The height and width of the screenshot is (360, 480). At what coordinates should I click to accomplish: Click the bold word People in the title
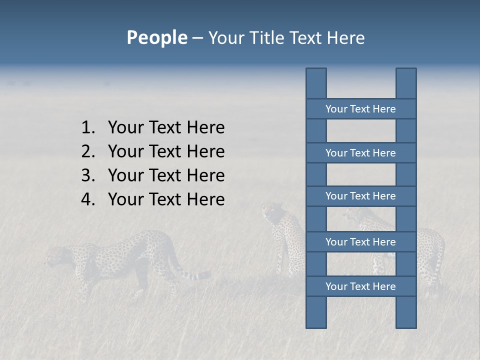point(156,37)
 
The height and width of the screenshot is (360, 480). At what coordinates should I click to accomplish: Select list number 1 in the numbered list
point(87,128)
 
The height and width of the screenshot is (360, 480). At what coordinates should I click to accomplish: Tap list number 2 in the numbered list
point(87,151)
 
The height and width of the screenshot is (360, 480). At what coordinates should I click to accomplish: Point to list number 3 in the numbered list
point(87,175)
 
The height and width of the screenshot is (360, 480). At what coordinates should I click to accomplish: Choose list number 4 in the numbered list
point(87,199)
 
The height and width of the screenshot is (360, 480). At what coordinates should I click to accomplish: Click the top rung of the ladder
point(360,109)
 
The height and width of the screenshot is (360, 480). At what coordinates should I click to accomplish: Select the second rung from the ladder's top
point(360,153)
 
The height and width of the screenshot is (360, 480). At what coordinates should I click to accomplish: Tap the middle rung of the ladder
point(360,196)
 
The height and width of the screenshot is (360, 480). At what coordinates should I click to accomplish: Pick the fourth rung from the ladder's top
point(360,242)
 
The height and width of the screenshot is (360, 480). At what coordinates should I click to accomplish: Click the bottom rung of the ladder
point(360,286)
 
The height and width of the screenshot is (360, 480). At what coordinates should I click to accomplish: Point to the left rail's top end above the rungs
point(316,83)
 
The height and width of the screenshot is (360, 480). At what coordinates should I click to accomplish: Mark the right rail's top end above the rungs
point(406,83)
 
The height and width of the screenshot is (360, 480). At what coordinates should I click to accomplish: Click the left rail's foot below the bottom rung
point(316,312)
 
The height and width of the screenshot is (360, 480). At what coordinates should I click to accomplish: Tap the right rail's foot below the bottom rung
point(406,312)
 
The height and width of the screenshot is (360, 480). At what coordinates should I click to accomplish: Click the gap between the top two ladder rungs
point(360,131)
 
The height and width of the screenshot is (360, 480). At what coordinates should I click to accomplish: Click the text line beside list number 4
point(166,199)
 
